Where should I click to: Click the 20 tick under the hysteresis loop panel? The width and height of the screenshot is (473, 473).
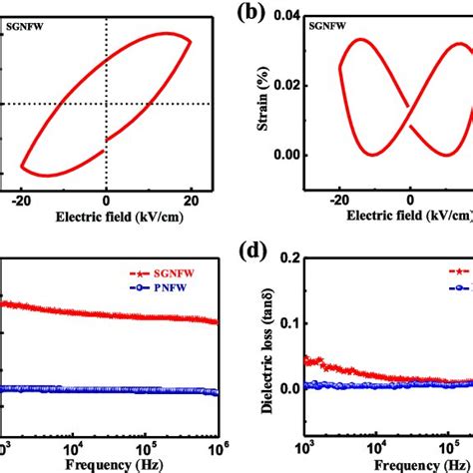[x=190, y=200]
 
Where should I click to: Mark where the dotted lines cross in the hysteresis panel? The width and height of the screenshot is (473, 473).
[x=107, y=103]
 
